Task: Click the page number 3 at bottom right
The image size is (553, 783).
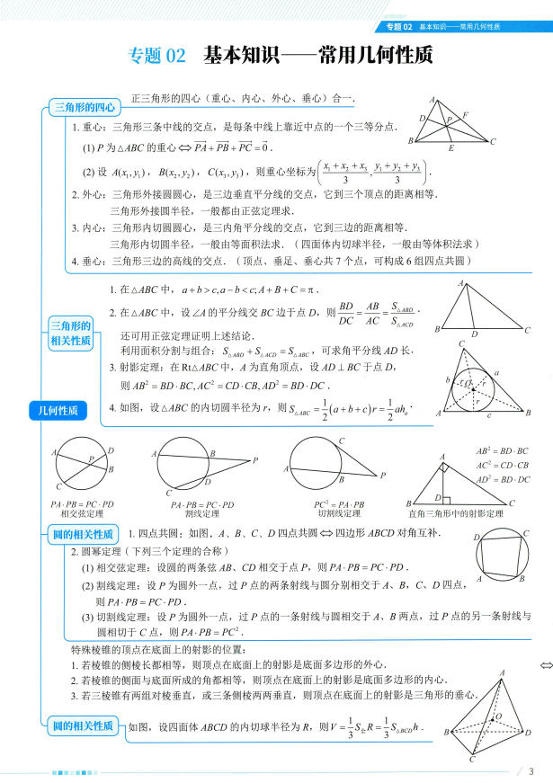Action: [x=531, y=770]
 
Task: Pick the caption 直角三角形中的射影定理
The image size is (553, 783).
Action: [x=466, y=513]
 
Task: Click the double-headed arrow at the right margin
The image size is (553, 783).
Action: [x=544, y=665]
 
